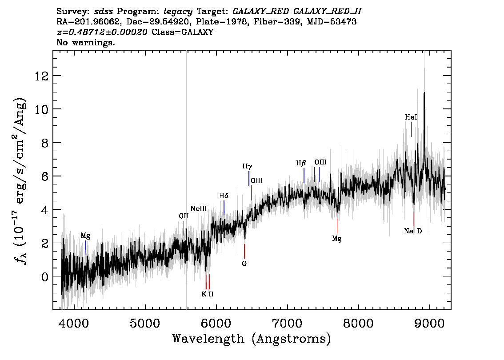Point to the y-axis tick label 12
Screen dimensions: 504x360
41,76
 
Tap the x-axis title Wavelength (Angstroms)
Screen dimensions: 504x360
252,339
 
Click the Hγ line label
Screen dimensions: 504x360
247,167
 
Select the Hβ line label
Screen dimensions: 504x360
301,163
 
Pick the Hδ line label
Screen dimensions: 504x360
224,196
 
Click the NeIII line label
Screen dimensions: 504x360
199,209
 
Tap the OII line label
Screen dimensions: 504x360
184,216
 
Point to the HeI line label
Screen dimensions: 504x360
411,117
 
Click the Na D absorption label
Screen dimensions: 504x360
413,231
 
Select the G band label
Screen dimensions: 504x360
244,264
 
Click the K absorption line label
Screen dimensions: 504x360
204,294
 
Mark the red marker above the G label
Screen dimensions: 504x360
244,251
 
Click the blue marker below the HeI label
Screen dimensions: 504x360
411,129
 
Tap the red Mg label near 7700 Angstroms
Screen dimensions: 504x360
336,239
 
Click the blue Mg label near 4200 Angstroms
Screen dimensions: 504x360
85,236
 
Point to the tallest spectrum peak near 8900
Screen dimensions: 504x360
424,93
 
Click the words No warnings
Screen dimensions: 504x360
85,42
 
